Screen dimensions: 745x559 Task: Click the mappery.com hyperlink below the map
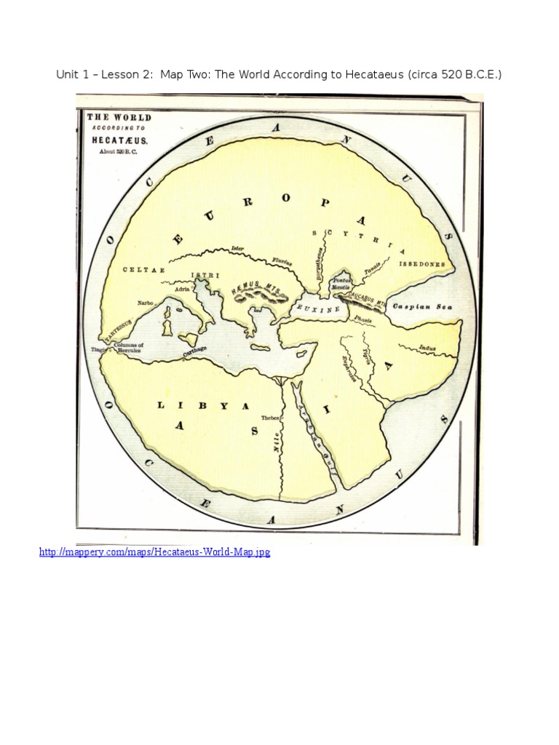[x=154, y=553]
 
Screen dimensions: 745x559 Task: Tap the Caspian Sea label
[x=423, y=307]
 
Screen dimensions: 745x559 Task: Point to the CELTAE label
[x=143, y=270]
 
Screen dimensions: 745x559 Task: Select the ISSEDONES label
[x=422, y=265]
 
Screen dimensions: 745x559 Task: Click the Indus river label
[x=427, y=349]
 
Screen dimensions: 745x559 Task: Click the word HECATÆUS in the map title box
[x=119, y=139]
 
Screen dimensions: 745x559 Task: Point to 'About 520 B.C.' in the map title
[x=119, y=152]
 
